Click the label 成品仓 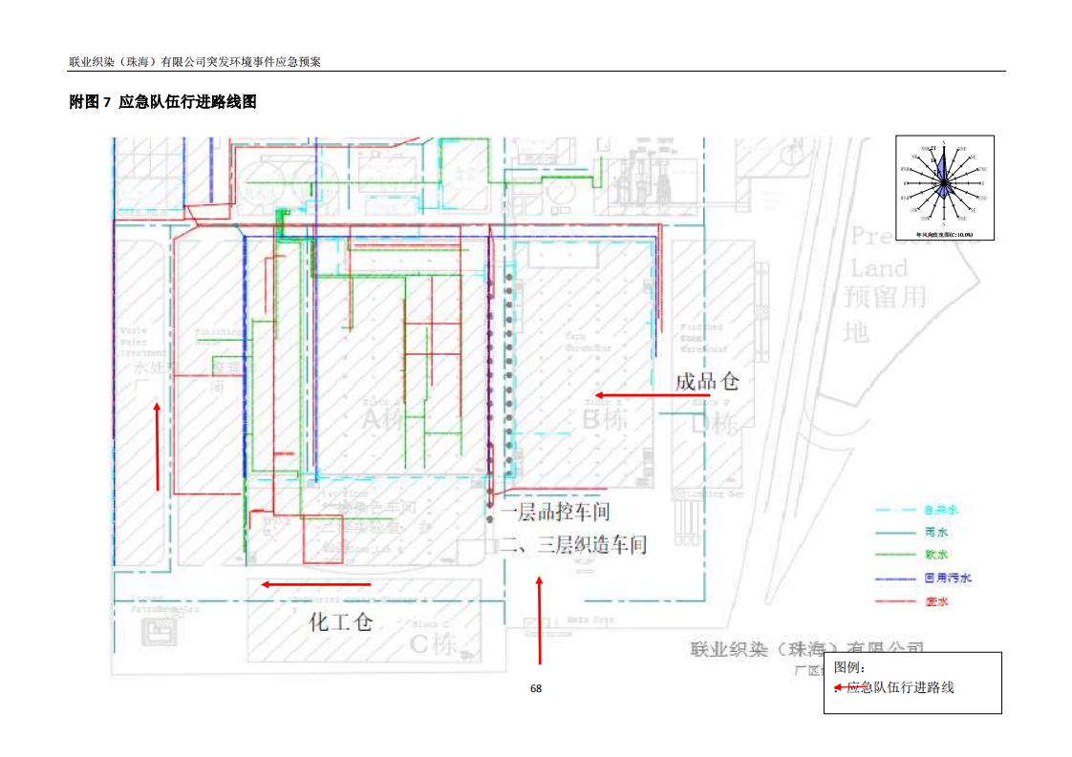(707, 382)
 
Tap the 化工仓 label (340, 622)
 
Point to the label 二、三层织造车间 (573, 545)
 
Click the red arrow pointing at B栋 (628, 394)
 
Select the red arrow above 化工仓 (316, 584)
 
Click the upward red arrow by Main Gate (540, 620)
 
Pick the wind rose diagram (944, 186)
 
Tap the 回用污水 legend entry (947, 578)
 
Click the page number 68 (536, 688)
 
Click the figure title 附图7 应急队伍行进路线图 (162, 101)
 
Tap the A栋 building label (382, 418)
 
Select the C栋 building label (432, 643)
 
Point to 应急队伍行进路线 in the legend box (899, 686)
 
